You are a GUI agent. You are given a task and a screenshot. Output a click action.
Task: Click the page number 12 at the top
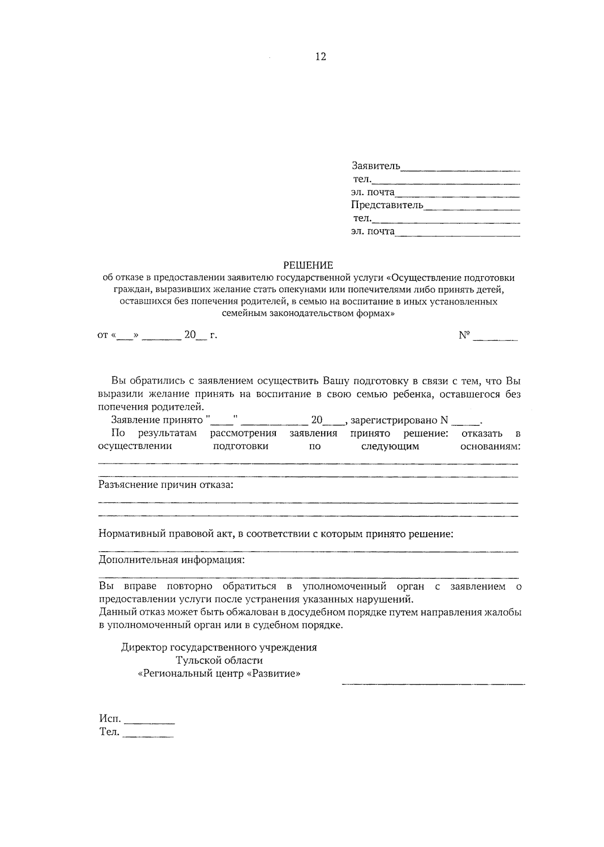click(x=321, y=57)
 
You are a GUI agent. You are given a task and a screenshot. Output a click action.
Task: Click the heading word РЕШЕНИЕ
click(x=308, y=265)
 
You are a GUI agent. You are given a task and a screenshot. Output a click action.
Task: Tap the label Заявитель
click(x=375, y=166)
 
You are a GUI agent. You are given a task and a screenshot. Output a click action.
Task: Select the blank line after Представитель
click(x=472, y=208)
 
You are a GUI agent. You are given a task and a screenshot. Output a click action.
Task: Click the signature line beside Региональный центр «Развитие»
click(x=433, y=684)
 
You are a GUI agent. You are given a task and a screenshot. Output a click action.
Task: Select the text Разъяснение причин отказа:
click(x=166, y=485)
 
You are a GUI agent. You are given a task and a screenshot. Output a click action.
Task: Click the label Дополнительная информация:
click(x=172, y=560)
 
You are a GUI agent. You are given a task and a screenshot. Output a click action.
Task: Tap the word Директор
click(x=144, y=647)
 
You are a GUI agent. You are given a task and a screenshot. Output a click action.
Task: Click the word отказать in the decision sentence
click(x=481, y=433)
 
